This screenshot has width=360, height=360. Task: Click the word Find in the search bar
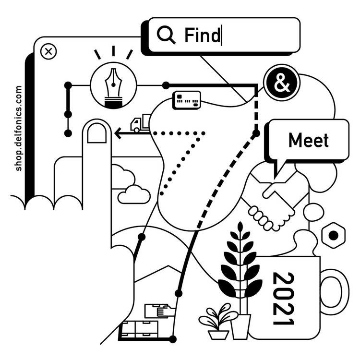pos(202,35)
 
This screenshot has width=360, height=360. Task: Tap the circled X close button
pos(48,51)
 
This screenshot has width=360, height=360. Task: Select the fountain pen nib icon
pos(113,86)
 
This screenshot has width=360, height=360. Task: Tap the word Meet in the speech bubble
pos(309,140)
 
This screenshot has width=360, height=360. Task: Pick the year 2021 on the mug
pos(283,298)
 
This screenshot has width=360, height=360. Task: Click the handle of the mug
pos(336,298)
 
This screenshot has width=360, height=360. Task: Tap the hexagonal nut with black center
pos(332,235)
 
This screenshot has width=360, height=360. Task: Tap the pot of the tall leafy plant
pos(240,326)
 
